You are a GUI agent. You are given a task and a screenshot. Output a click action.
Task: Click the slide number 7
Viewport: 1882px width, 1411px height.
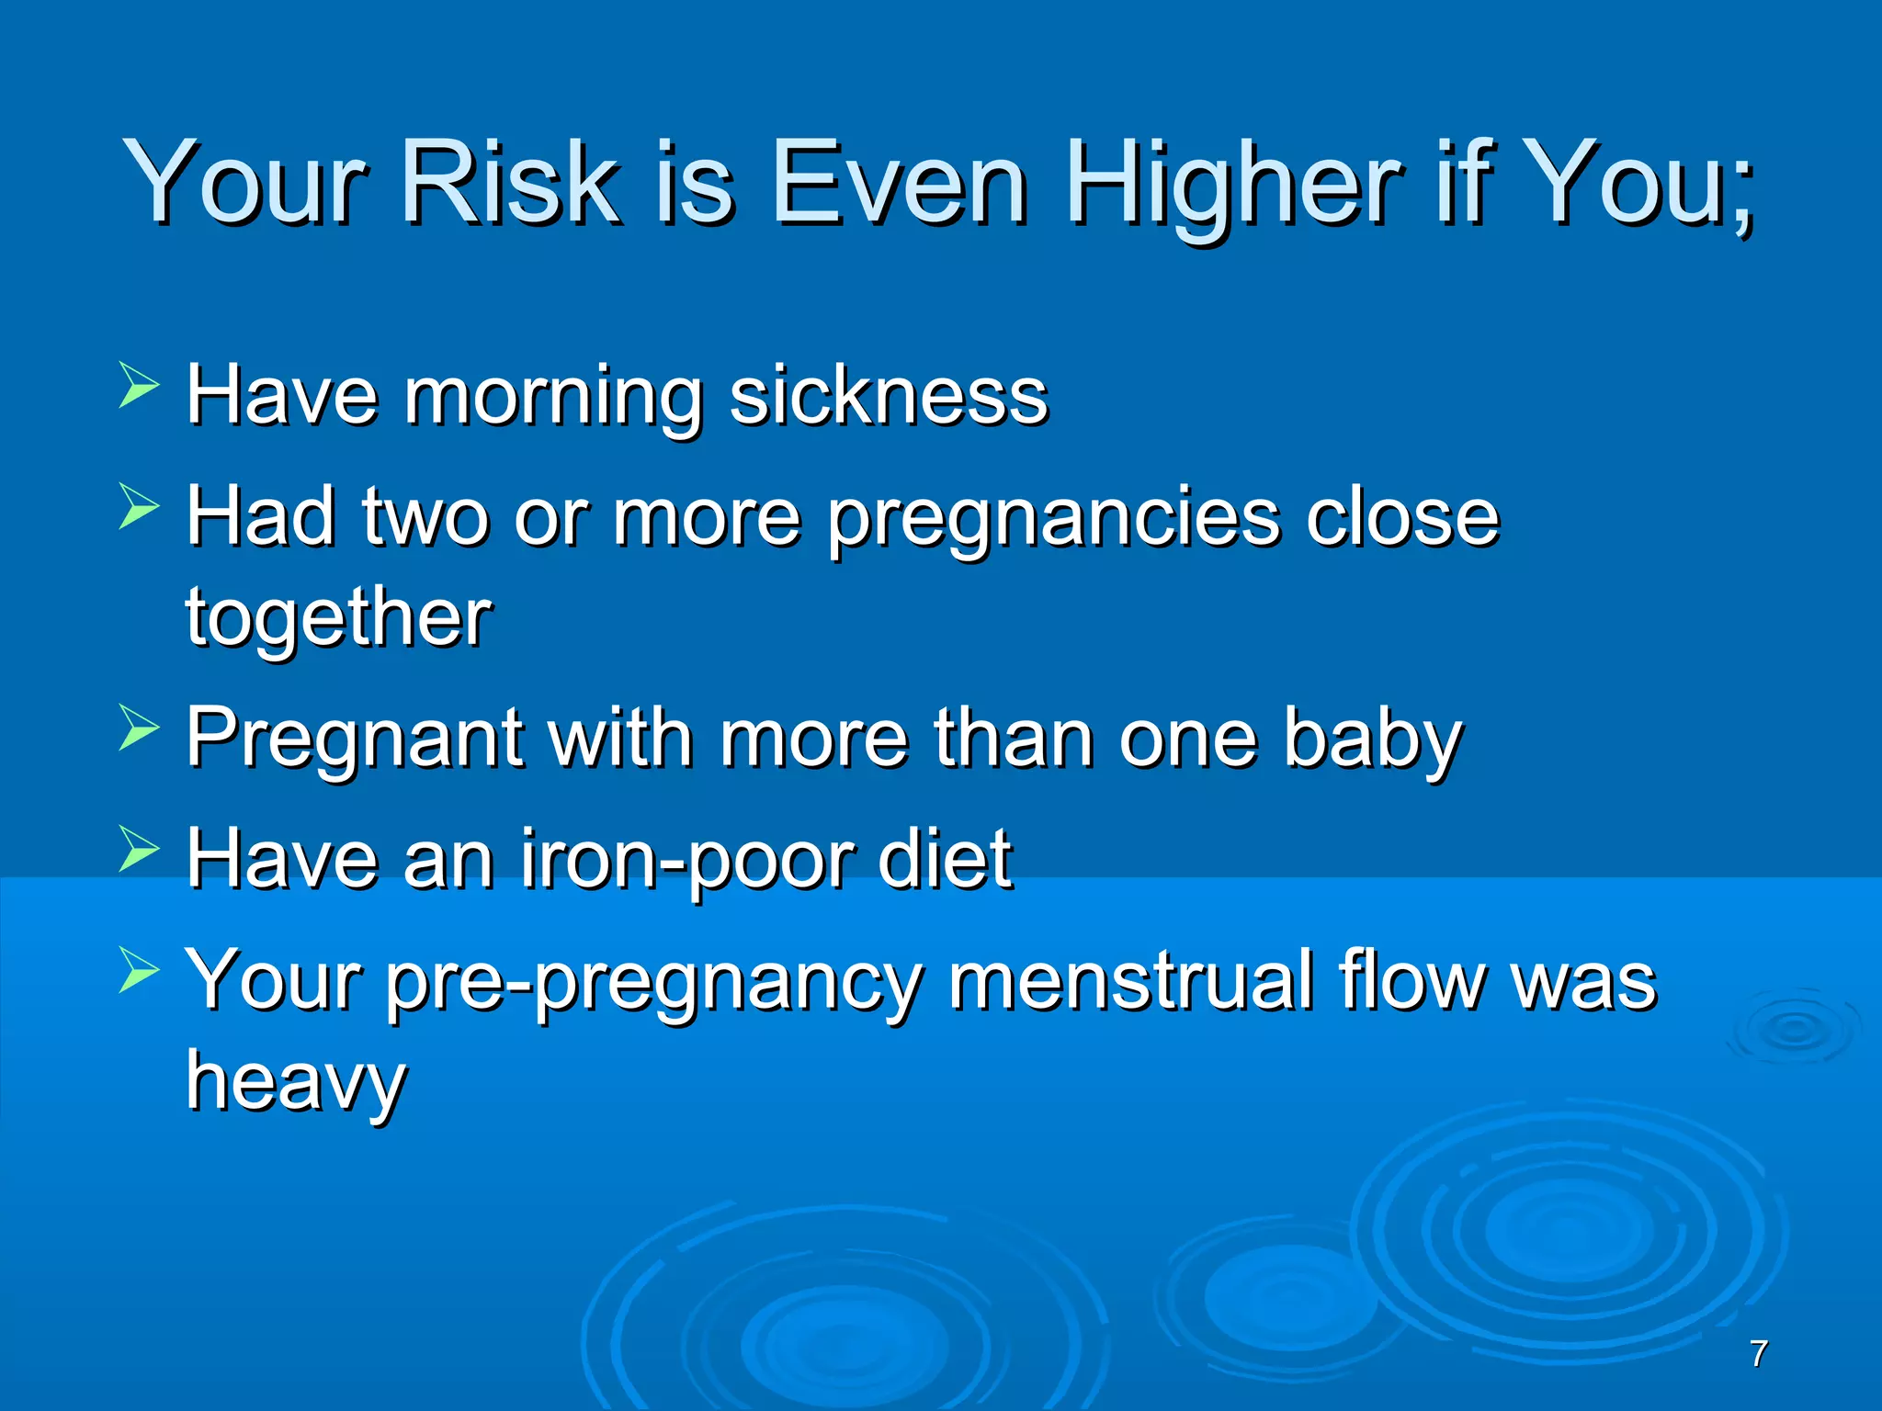1759,1353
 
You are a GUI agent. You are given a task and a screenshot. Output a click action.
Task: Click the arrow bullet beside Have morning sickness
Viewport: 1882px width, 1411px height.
140,384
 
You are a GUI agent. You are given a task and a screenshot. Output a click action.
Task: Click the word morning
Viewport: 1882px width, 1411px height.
554,400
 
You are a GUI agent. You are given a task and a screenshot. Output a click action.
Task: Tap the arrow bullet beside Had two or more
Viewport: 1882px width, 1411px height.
140,506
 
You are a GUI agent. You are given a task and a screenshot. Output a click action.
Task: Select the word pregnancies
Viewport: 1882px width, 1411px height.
1054,522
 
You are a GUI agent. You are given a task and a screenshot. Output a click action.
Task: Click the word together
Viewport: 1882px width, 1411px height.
338,620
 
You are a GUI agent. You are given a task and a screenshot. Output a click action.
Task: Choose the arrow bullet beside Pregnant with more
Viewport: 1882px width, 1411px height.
140,728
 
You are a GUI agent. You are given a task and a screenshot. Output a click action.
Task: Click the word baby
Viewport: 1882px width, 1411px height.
1372,740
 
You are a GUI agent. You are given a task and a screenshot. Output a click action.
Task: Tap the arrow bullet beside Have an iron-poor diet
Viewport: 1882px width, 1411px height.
140,848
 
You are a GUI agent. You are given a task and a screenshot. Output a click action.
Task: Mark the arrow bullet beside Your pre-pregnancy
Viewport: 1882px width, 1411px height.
140,970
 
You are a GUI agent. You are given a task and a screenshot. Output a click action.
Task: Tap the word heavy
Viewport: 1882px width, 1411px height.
296,1082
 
